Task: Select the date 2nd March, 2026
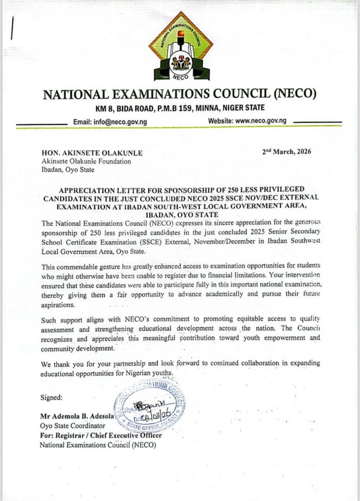tap(287, 152)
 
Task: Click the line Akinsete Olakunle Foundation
tap(86, 161)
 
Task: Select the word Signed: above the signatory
tap(51, 397)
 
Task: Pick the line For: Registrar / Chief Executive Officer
tap(100, 435)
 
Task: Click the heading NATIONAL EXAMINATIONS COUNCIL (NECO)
tap(180, 93)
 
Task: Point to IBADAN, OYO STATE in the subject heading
tap(180, 214)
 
